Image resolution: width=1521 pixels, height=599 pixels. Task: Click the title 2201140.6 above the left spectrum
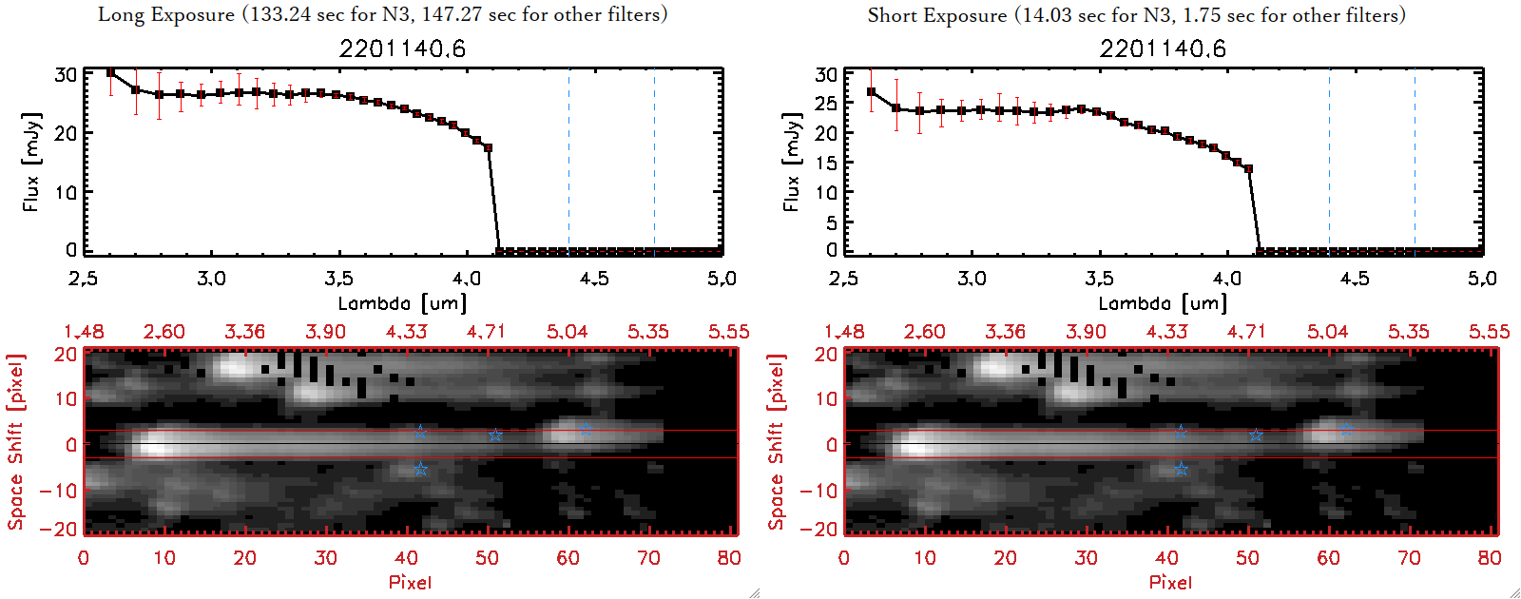point(402,48)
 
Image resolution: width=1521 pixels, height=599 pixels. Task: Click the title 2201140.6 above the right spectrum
point(1163,48)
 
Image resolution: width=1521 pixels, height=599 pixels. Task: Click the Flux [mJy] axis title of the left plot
point(31,162)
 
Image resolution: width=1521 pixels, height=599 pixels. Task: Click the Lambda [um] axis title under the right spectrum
point(1163,303)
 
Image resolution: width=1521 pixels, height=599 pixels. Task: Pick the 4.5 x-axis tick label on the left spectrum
point(594,279)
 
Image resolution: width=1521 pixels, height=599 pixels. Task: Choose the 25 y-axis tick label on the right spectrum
point(826,103)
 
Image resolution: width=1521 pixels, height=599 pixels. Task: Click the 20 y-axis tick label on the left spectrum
point(66,133)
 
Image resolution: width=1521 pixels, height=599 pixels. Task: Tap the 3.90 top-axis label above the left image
point(325,332)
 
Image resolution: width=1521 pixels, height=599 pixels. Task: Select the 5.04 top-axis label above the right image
point(1327,332)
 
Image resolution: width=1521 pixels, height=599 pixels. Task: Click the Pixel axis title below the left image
point(410,582)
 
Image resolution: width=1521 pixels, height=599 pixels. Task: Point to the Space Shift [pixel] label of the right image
point(777,442)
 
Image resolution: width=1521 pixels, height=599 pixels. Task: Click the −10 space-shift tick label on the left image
point(59,490)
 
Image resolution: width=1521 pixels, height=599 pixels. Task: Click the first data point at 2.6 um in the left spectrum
point(111,72)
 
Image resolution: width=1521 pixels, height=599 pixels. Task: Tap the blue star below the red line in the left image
point(420,470)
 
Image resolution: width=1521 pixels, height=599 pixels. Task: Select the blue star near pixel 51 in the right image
point(1256,435)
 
